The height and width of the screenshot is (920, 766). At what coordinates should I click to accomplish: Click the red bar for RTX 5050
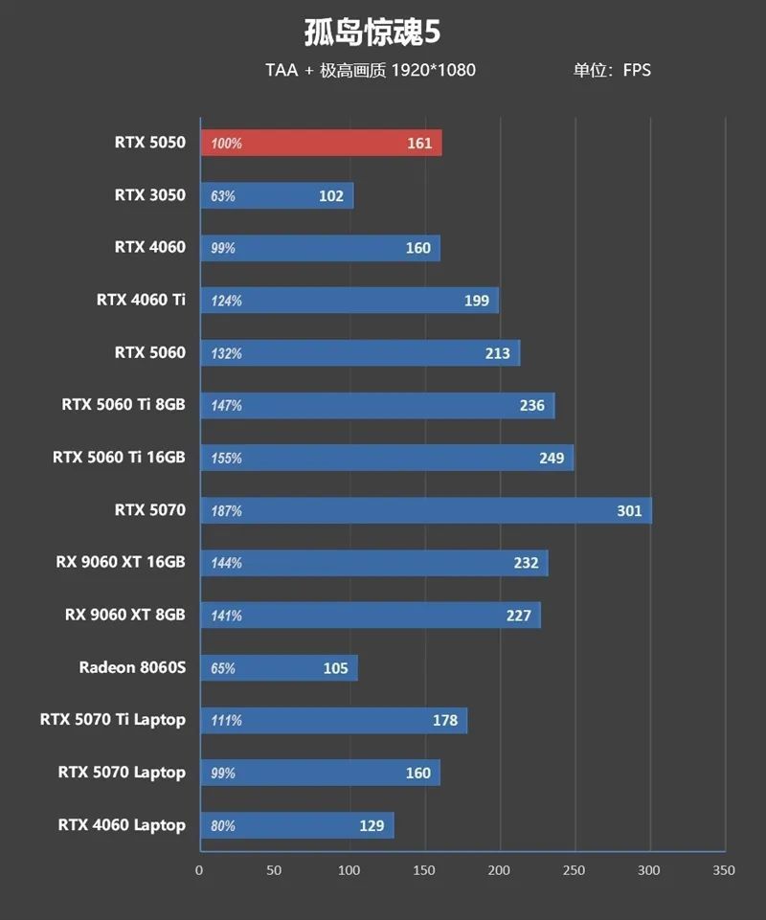321,144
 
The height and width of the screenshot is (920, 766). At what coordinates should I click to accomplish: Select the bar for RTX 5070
425,510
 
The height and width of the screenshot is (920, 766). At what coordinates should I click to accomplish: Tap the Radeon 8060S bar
279,668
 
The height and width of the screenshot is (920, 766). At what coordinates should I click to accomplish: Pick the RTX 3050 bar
277,196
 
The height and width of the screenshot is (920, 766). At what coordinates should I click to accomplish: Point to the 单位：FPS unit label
612,70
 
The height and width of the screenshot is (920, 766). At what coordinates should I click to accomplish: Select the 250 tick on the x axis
574,870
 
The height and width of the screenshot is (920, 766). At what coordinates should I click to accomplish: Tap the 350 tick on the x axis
725,870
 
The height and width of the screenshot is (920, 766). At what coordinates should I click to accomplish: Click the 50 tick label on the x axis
275,870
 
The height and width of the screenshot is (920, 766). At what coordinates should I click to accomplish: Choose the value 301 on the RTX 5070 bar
629,511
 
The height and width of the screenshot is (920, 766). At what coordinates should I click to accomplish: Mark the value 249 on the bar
552,459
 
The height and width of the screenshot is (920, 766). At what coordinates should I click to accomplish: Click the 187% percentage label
227,511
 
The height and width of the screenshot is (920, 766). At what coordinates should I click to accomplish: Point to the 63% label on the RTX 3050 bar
223,196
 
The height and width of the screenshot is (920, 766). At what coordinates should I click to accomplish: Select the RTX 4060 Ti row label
141,300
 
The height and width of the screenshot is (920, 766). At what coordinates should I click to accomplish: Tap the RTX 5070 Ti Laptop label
113,719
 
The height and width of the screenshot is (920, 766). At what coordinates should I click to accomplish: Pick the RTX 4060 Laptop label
122,824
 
